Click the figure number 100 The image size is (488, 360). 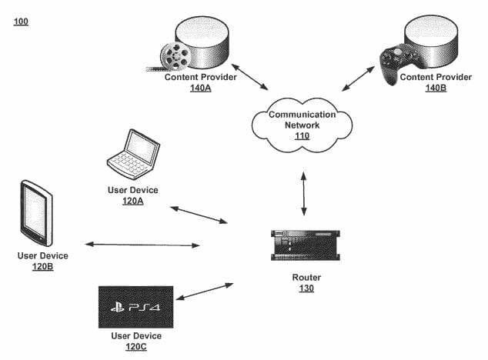coord(21,21)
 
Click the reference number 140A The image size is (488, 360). coord(201,88)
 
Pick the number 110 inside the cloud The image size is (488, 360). coord(302,136)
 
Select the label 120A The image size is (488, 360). coord(132,202)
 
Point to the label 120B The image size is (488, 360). coord(43,268)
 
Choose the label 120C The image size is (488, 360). coord(135,347)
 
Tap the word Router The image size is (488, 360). coord(307,277)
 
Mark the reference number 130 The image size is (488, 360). coord(307,288)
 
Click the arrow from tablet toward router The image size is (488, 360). coord(142,245)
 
